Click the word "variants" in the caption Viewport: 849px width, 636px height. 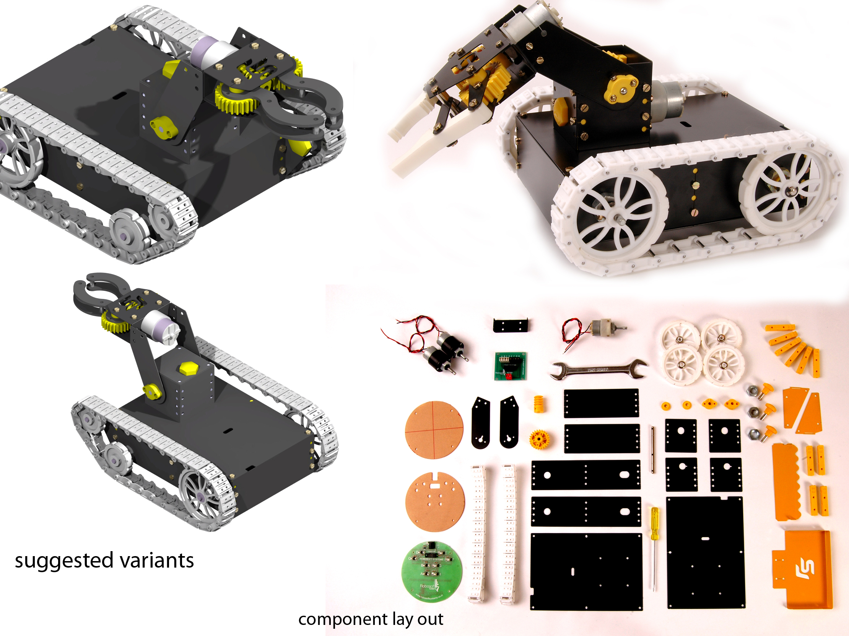click(157, 560)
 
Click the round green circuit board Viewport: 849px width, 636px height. click(431, 571)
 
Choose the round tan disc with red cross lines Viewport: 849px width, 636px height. click(434, 430)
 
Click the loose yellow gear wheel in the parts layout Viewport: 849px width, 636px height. click(539, 438)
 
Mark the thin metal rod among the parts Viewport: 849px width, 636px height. click(652, 449)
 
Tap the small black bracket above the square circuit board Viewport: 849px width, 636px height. click(510, 325)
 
